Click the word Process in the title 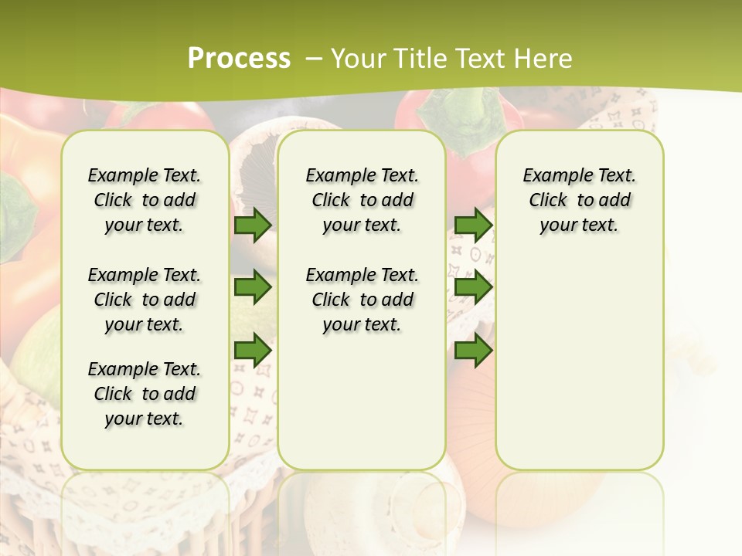[239, 58]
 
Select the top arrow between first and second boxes [253, 225]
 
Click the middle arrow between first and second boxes [253, 287]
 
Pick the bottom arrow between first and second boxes [253, 350]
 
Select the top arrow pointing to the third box [473, 225]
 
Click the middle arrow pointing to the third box [473, 287]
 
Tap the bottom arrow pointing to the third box [473, 350]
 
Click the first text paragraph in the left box [145, 200]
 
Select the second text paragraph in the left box [145, 300]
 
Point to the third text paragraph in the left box [145, 394]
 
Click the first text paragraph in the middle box [362, 200]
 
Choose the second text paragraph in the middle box [362, 300]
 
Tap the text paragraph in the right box [580, 200]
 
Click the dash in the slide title [314, 58]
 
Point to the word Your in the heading [359, 58]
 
